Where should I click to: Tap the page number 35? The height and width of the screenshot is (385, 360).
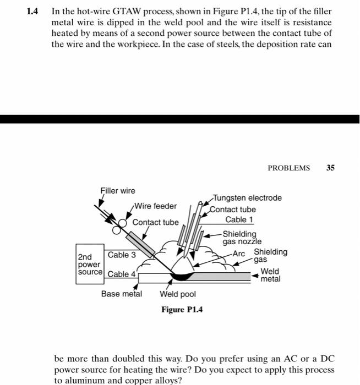[x=330, y=168]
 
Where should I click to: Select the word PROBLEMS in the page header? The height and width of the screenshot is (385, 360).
[x=288, y=168]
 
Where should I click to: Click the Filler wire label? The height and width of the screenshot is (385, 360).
[x=117, y=191]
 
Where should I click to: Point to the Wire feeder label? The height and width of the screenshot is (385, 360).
[x=156, y=206]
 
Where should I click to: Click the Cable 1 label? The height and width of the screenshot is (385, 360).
[x=239, y=220]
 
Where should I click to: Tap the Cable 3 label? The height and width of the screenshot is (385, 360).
[x=122, y=255]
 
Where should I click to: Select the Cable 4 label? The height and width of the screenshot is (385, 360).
[x=122, y=274]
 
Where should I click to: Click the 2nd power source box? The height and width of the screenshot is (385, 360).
[x=90, y=265]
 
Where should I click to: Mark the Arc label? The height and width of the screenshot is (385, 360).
[x=238, y=254]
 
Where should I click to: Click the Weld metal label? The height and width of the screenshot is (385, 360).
[x=270, y=275]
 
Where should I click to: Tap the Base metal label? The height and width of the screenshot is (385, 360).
[x=121, y=294]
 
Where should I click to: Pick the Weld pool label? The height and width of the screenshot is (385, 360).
[x=178, y=294]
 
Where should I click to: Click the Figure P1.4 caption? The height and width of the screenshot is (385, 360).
[x=182, y=310]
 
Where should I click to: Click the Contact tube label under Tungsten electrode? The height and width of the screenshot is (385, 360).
[x=234, y=210]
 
